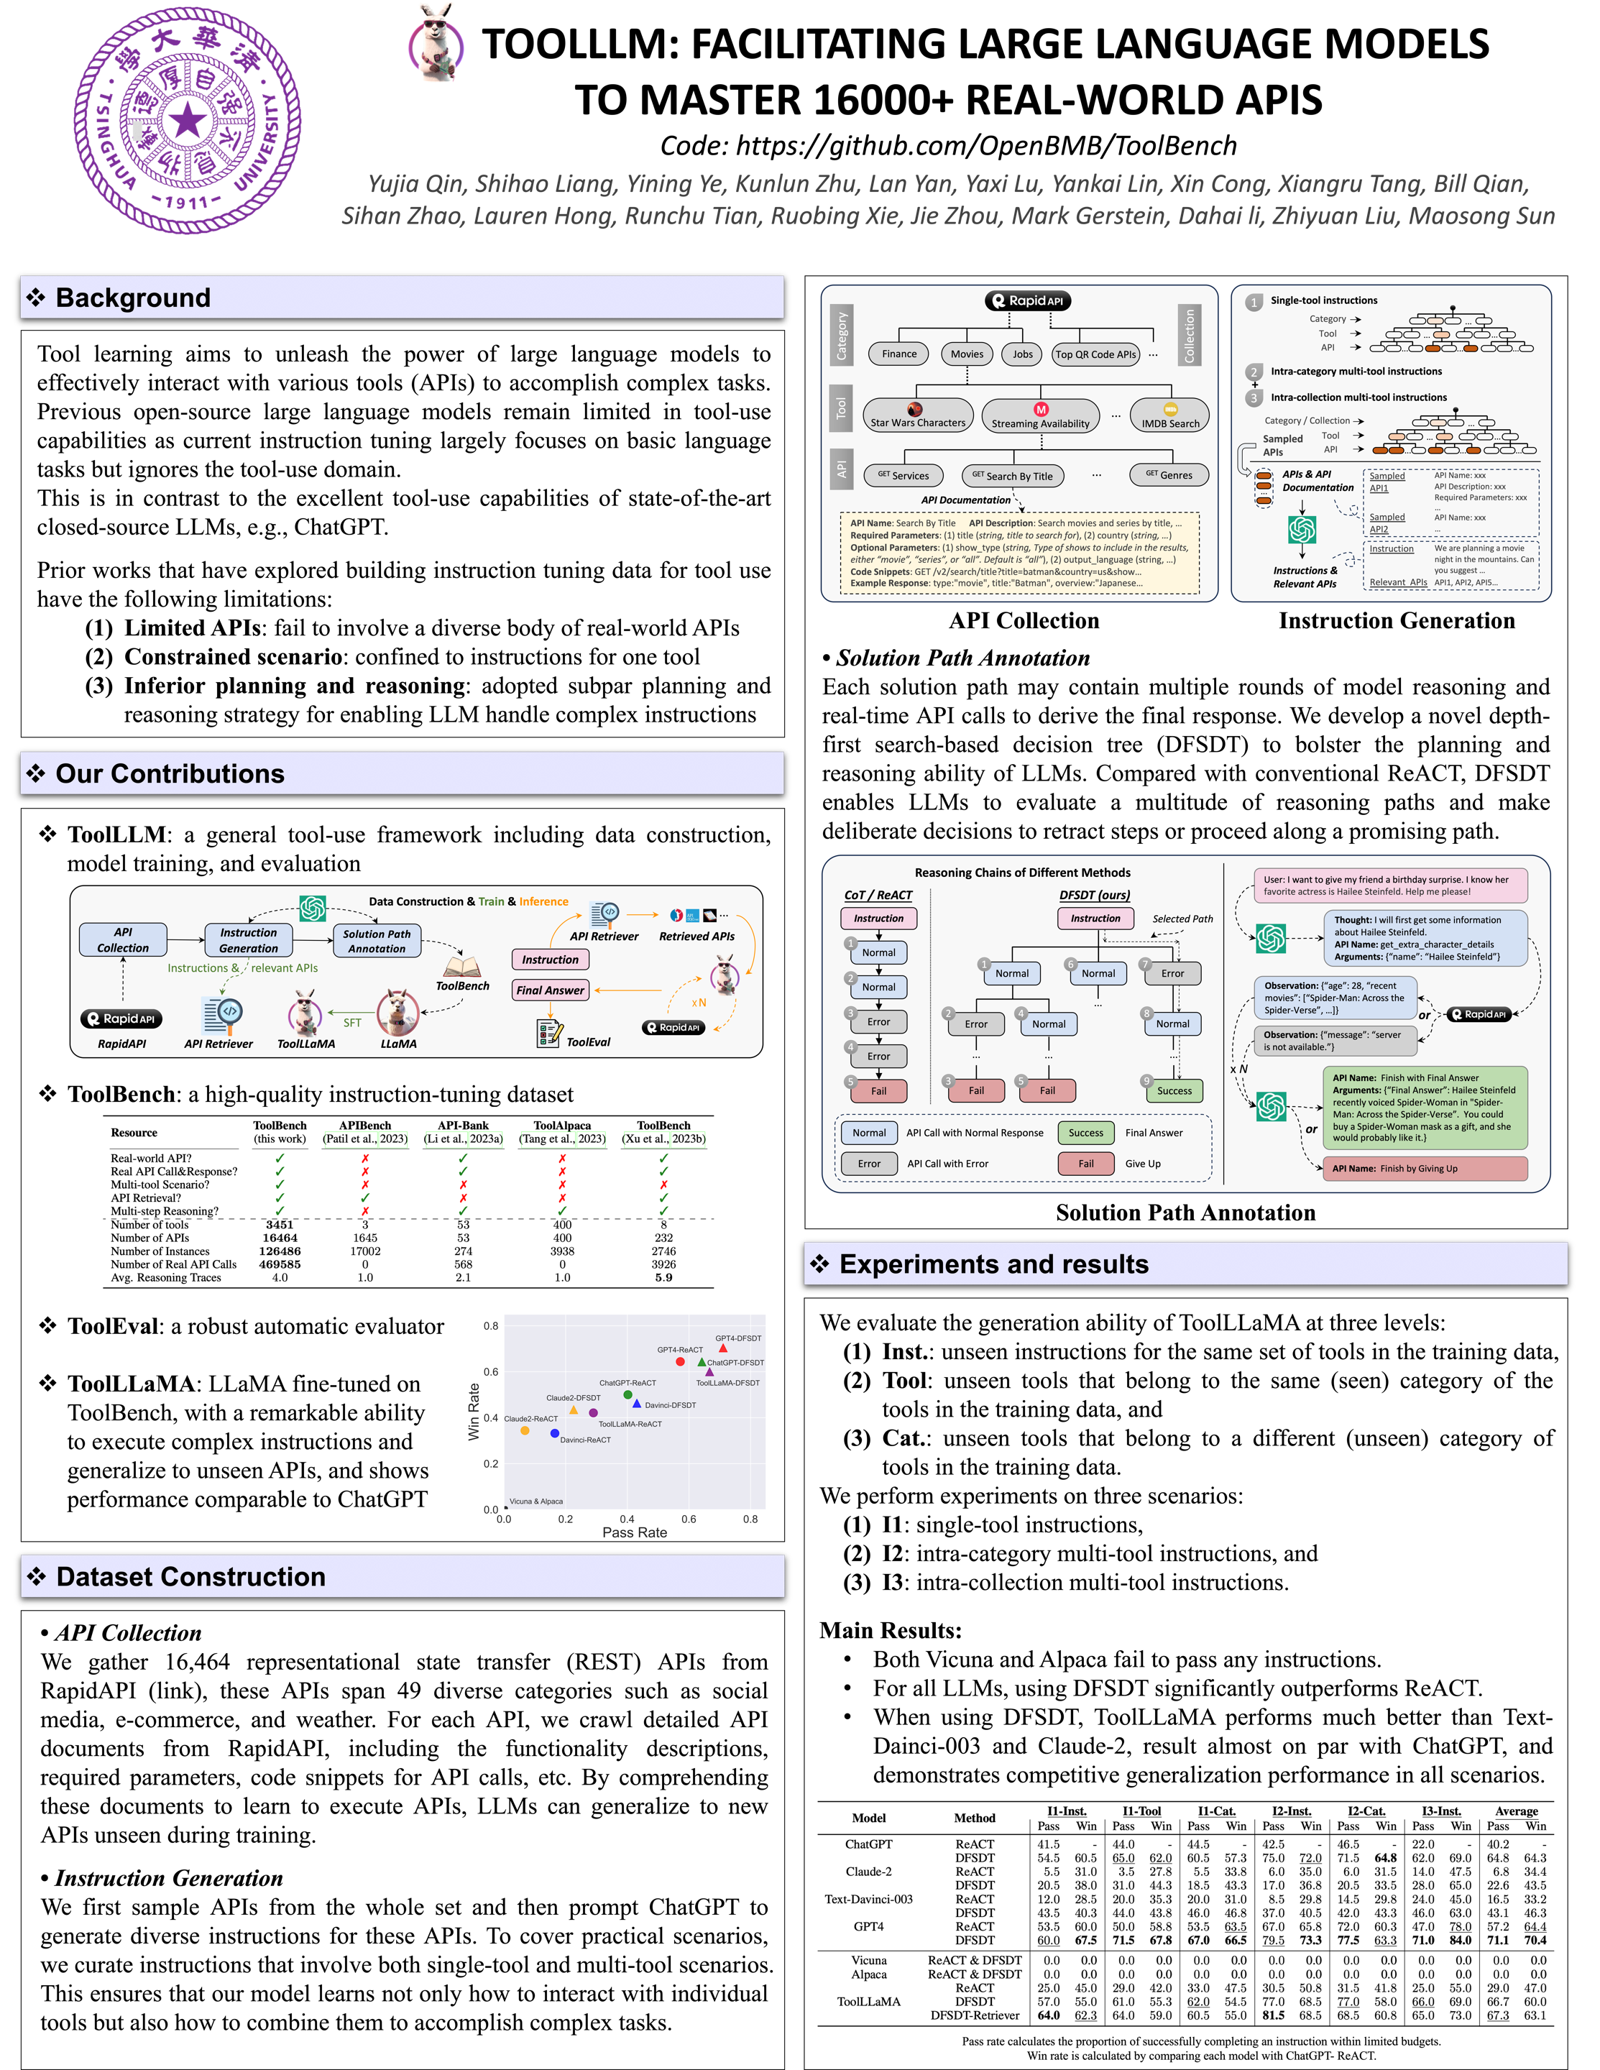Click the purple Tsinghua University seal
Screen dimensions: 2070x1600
tap(188, 120)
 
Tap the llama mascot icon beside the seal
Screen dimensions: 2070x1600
tap(437, 42)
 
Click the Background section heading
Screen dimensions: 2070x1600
tap(134, 298)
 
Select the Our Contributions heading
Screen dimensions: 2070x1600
tap(170, 773)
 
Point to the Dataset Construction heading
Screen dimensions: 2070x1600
tap(190, 1576)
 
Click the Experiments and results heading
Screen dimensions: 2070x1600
tap(993, 1264)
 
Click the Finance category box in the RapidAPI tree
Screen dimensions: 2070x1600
tap(898, 354)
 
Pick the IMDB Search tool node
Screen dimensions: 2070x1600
tap(1169, 417)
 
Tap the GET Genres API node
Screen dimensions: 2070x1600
tap(1169, 475)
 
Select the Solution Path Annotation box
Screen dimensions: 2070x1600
tap(377, 940)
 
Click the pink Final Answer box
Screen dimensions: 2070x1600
tap(550, 990)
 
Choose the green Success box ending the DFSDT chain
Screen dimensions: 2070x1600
tap(1174, 1091)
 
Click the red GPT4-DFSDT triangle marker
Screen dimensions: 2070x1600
tap(723, 1348)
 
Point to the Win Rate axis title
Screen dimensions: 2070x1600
tap(474, 1412)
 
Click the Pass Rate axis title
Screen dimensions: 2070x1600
tap(634, 1532)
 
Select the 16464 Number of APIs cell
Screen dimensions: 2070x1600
tap(280, 1238)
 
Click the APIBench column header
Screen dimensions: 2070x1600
tap(365, 1126)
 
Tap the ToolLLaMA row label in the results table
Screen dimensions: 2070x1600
tap(868, 2002)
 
